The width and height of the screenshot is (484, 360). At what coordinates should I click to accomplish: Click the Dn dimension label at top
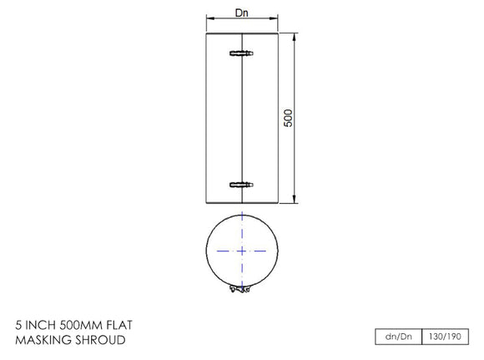click(242, 12)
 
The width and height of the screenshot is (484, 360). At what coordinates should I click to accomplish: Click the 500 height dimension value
click(289, 118)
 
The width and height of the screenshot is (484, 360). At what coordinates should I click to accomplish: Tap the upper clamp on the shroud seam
click(241, 53)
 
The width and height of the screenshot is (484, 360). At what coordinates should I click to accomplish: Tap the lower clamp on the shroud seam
click(241, 184)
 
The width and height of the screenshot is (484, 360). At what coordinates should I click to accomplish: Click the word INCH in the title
click(43, 325)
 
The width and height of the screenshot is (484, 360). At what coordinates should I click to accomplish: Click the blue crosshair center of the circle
click(242, 251)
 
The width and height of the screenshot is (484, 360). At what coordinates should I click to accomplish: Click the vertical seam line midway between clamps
click(241, 119)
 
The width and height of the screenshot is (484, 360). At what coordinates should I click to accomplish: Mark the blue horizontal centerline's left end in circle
click(217, 251)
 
